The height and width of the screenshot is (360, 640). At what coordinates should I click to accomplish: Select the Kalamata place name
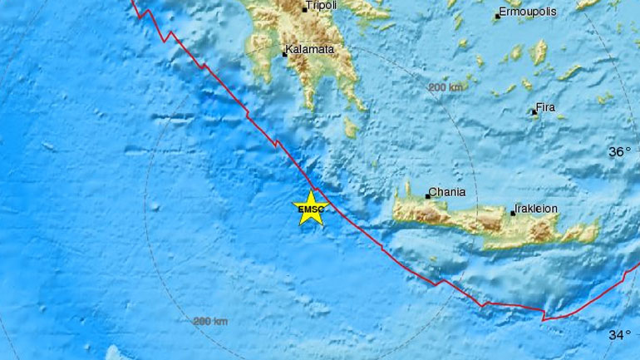[x=311, y=50]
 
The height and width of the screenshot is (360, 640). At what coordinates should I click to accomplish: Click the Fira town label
[x=546, y=107]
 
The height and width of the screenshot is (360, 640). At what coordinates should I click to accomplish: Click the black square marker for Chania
[x=428, y=197]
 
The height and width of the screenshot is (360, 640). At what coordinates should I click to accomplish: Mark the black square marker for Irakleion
[x=513, y=214]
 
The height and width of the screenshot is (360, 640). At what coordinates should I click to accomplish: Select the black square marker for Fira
[x=534, y=111]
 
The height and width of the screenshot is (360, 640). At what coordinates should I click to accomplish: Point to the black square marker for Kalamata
[x=284, y=55]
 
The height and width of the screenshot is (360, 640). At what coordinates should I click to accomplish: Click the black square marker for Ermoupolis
[x=496, y=17]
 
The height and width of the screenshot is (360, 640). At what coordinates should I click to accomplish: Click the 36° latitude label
[x=620, y=152]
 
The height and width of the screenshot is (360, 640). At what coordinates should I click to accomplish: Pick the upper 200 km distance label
[x=445, y=87]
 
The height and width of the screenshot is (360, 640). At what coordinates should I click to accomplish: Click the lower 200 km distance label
[x=209, y=321]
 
